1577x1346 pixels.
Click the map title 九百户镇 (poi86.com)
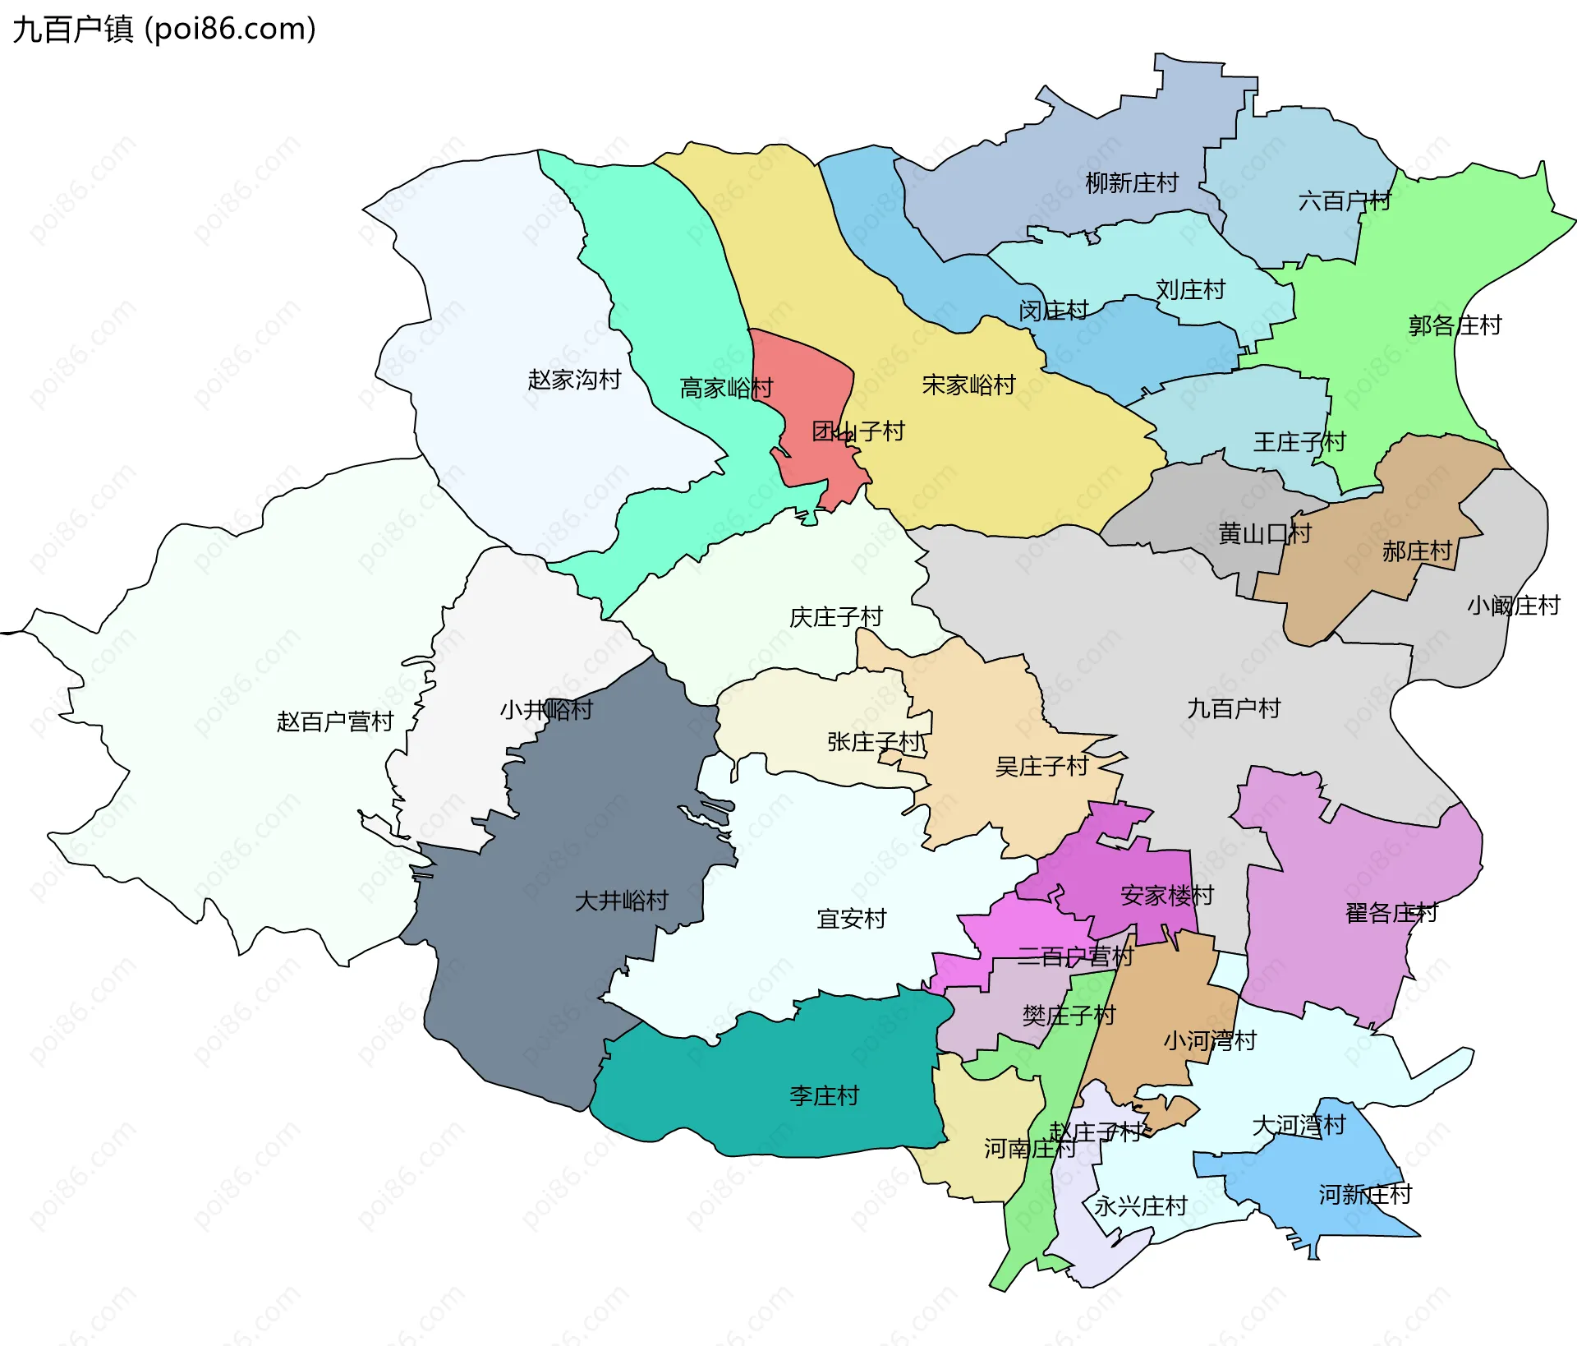click(x=164, y=30)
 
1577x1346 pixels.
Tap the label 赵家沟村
click(x=574, y=380)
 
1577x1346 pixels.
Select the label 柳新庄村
click(x=1132, y=182)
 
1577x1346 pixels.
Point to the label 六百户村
click(x=1345, y=201)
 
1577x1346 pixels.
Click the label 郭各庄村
click(x=1455, y=325)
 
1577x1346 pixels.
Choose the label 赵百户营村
click(x=335, y=721)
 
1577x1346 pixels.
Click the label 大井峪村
click(x=622, y=901)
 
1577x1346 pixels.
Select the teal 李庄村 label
click(x=824, y=1095)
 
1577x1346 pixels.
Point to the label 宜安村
click(x=852, y=919)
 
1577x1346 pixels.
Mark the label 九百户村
click(x=1234, y=708)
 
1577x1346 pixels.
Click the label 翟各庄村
click(x=1391, y=913)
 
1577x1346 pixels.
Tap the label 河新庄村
click(x=1365, y=1194)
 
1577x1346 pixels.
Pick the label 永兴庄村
click(x=1141, y=1206)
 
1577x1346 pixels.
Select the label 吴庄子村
click(x=1041, y=767)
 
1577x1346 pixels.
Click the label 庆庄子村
click(x=835, y=617)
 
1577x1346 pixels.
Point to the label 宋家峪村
click(x=968, y=385)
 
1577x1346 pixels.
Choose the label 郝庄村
click(x=1417, y=551)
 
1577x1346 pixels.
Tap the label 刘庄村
click(x=1190, y=289)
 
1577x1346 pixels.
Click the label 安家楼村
click(x=1167, y=895)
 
